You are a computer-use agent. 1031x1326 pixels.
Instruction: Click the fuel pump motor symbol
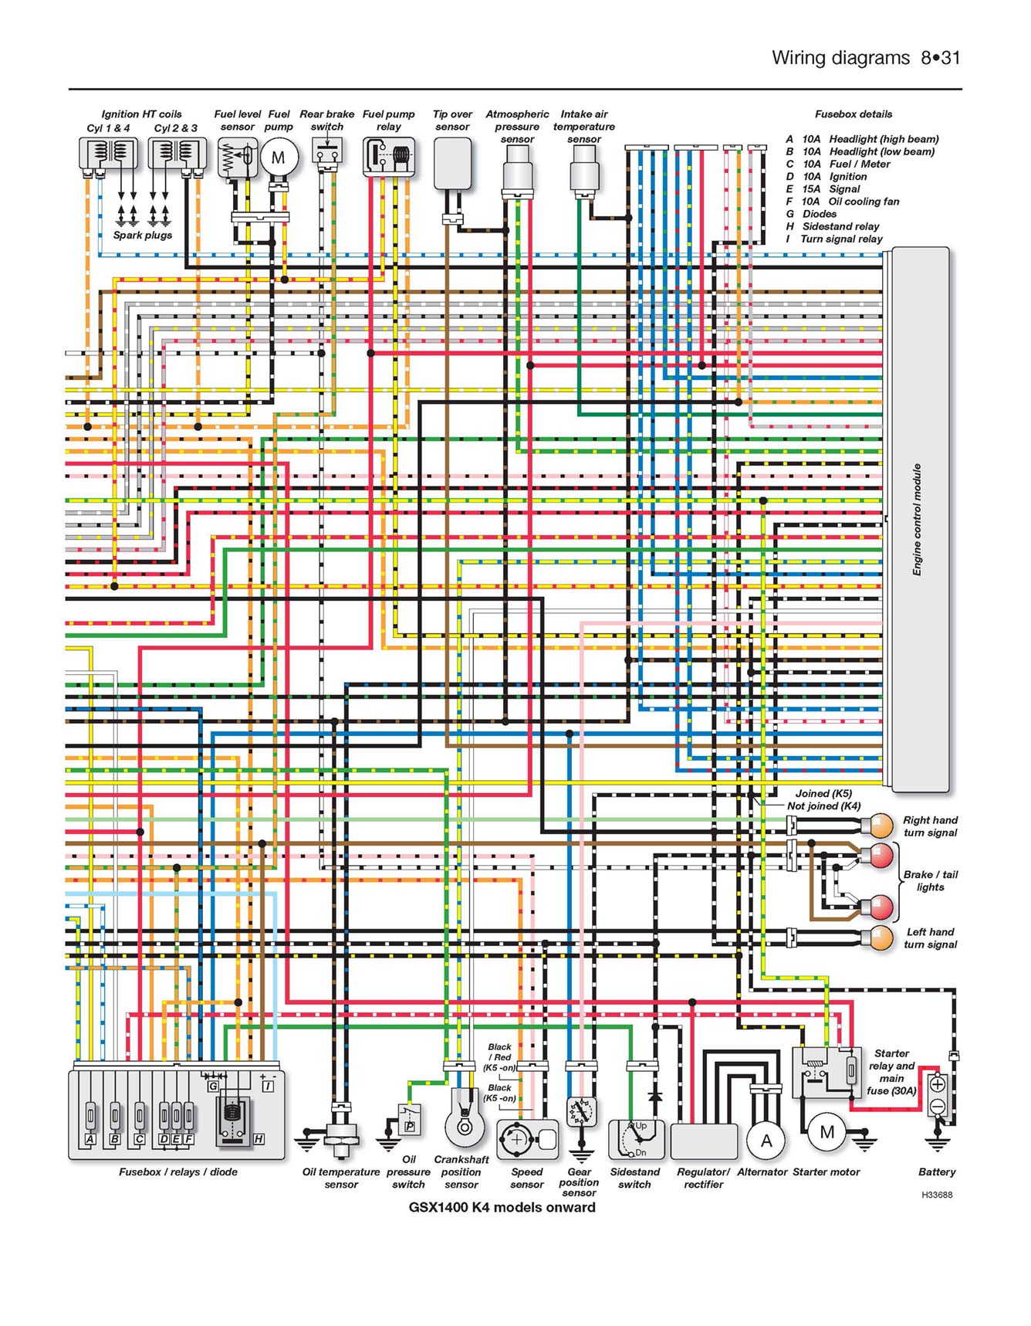point(278,158)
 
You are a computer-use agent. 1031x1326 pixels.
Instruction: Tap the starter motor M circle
point(826,1132)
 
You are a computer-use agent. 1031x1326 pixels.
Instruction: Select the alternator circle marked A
point(766,1141)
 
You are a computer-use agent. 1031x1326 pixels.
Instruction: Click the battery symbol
point(937,1095)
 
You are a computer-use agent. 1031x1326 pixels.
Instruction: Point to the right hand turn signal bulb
point(879,826)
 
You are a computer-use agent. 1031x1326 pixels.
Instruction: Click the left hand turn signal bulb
point(879,938)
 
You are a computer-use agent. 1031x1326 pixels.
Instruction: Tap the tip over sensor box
point(452,163)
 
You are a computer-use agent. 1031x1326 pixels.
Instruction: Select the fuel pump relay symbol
point(389,158)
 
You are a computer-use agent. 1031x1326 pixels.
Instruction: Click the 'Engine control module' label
point(917,520)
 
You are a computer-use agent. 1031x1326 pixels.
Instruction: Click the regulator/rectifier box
point(704,1141)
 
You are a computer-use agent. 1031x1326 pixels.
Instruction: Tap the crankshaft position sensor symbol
point(464,1118)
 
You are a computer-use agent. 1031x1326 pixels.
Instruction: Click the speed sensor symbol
point(528,1139)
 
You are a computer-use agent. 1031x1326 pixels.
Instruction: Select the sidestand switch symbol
point(636,1139)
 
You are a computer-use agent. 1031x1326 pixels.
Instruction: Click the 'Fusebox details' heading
point(854,114)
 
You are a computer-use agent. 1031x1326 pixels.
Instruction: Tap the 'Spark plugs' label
point(143,236)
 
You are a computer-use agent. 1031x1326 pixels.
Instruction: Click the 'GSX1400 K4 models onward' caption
point(502,1208)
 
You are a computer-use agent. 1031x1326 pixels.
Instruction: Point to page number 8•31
point(940,58)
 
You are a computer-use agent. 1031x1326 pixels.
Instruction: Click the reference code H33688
point(937,1195)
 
